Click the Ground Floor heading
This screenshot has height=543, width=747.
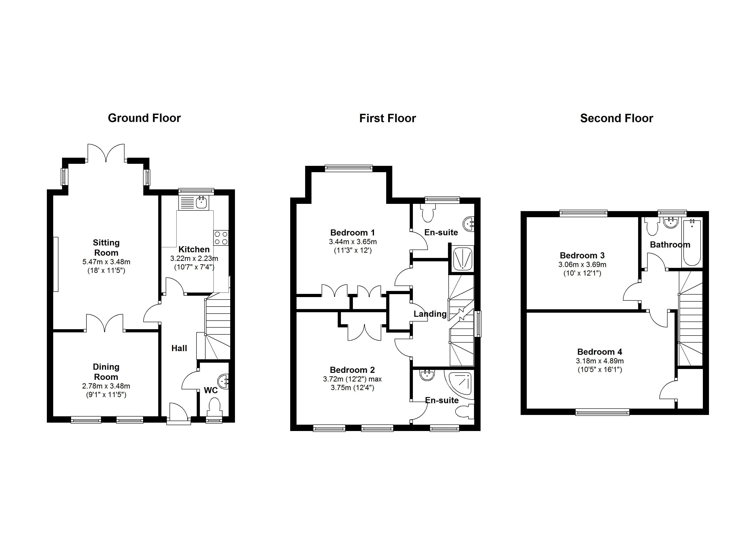(144, 118)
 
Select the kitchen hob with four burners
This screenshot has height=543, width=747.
(221, 238)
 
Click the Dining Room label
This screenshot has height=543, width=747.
(106, 372)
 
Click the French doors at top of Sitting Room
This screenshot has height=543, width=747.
(106, 153)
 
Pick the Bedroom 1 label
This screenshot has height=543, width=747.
(352, 233)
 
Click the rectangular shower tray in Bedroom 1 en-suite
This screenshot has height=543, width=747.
(462, 259)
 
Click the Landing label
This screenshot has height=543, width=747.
(430, 314)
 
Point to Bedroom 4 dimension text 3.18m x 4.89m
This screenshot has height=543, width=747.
(599, 361)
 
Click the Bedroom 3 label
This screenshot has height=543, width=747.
(582, 255)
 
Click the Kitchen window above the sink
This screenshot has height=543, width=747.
(196, 191)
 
